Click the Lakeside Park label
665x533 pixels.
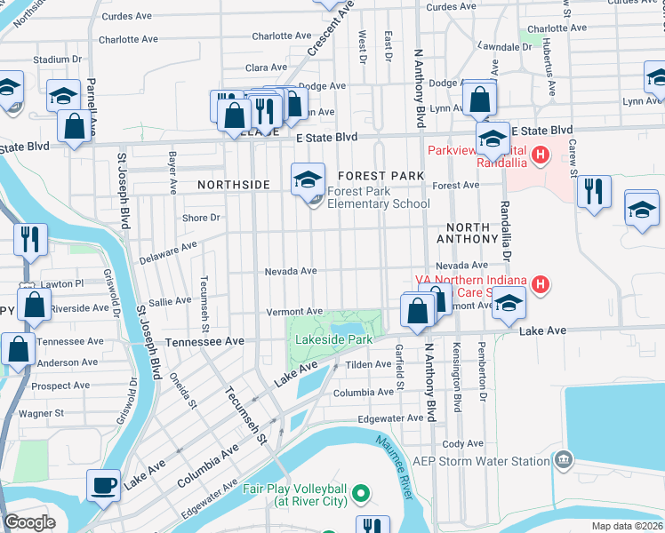pos(333,339)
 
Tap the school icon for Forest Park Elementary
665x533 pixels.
pos(307,179)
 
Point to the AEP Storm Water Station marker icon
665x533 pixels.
pos(563,460)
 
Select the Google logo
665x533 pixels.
pos(29,522)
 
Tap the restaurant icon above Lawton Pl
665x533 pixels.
pos(30,238)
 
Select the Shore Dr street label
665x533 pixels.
pos(200,218)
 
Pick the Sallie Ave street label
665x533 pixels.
pos(169,301)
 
